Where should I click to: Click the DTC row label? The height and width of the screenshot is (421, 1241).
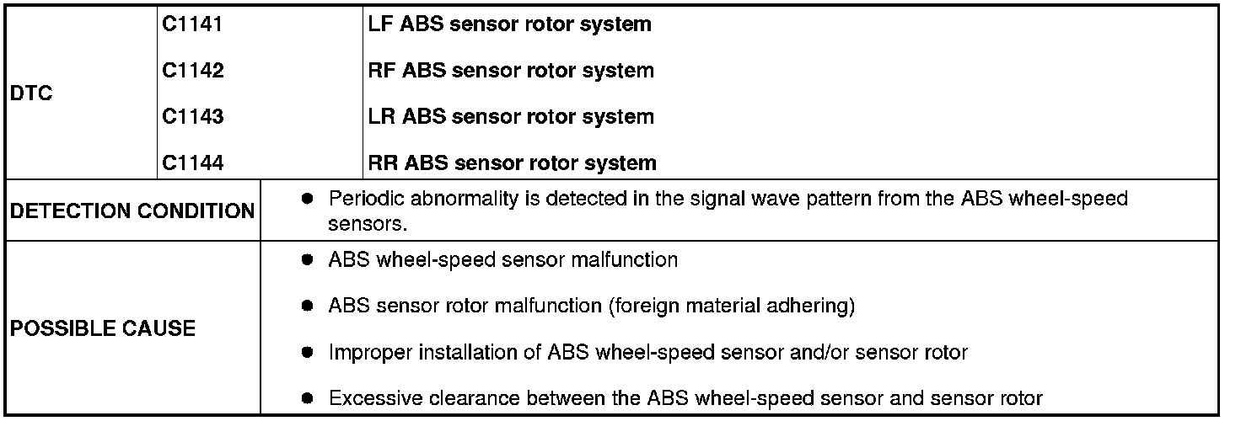pyautogui.click(x=31, y=94)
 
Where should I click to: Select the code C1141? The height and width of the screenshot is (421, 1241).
pyautogui.click(x=192, y=24)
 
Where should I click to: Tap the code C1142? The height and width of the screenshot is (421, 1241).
pyautogui.click(x=193, y=71)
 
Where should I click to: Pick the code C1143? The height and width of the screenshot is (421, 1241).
pyautogui.click(x=193, y=116)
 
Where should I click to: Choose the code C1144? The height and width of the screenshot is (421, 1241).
pyautogui.click(x=193, y=163)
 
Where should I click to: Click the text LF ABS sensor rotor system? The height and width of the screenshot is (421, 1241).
pyautogui.click(x=510, y=24)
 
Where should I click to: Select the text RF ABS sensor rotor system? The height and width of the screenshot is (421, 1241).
pyautogui.click(x=511, y=71)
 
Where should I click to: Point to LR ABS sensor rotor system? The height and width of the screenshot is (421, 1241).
pyautogui.click(x=511, y=116)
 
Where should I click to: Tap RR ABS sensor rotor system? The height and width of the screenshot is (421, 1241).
pyautogui.click(x=512, y=163)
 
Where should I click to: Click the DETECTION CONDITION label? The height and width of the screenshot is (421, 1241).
pyautogui.click(x=132, y=211)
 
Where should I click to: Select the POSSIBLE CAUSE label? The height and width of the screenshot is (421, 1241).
pyautogui.click(x=102, y=328)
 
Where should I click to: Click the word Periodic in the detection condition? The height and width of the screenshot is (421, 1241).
pyautogui.click(x=363, y=200)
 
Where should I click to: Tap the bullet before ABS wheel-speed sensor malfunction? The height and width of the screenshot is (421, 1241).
pyautogui.click(x=308, y=260)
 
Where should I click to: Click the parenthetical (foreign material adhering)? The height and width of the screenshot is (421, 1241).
pyautogui.click(x=731, y=306)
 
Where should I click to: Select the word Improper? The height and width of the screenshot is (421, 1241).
pyautogui.click(x=364, y=352)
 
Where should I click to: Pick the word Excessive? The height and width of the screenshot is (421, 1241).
pyautogui.click(x=369, y=397)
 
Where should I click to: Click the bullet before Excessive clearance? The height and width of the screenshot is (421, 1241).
pyautogui.click(x=308, y=397)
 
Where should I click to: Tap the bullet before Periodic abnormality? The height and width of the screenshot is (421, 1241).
pyautogui.click(x=308, y=200)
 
